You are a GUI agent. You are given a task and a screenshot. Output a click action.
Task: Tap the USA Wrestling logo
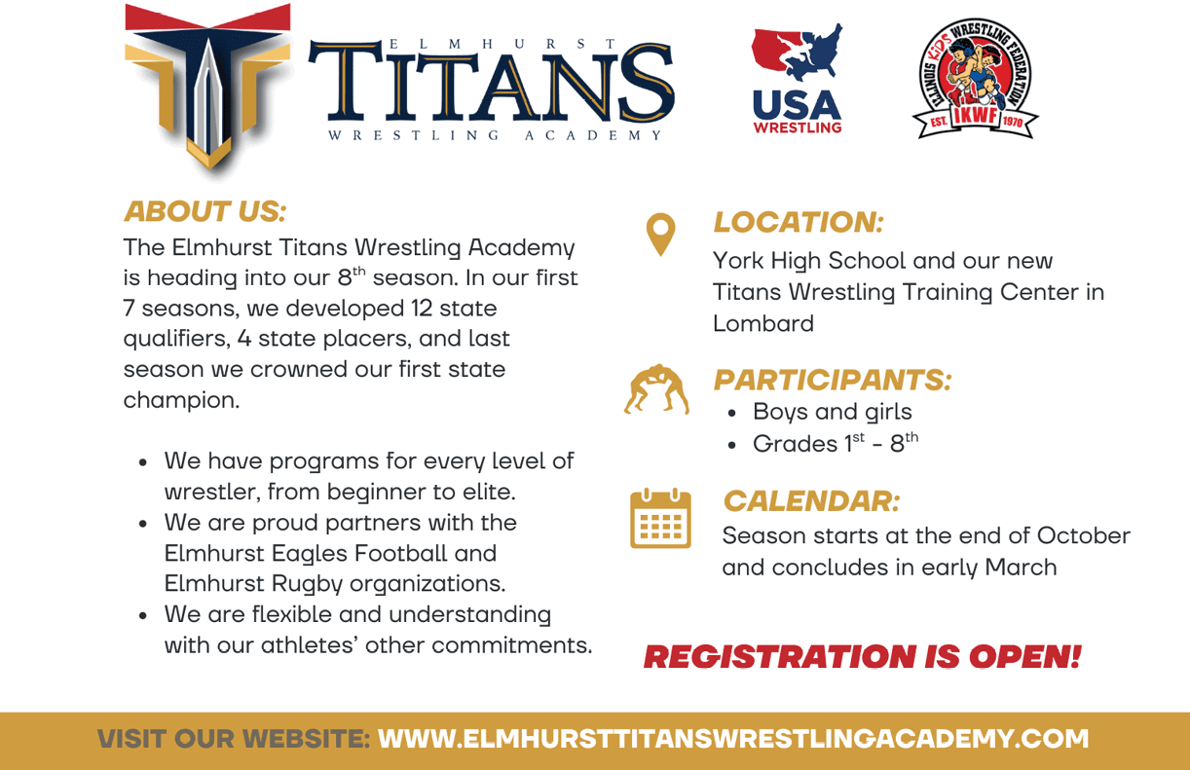click(x=797, y=79)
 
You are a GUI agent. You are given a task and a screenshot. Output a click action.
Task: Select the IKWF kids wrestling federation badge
click(x=976, y=79)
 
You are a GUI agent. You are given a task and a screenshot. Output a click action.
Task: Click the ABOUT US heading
click(x=205, y=211)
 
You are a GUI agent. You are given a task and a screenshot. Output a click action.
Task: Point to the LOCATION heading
click(x=799, y=222)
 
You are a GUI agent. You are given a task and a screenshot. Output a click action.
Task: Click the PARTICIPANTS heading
click(x=833, y=380)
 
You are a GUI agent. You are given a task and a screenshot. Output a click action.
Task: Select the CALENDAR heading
click(x=812, y=500)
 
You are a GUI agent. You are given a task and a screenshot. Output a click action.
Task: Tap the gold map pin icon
click(x=660, y=234)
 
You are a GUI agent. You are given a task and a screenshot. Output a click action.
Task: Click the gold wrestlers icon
click(x=656, y=388)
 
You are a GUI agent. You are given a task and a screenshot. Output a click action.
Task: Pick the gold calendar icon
click(x=660, y=518)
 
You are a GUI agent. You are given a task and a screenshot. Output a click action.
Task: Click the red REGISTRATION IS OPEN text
click(x=862, y=657)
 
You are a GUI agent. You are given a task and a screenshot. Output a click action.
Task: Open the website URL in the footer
click(x=733, y=739)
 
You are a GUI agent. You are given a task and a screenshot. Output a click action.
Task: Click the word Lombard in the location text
click(x=762, y=323)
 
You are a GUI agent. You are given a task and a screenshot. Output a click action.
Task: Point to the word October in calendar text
click(x=1084, y=535)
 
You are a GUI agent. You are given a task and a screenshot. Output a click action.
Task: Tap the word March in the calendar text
click(x=1021, y=568)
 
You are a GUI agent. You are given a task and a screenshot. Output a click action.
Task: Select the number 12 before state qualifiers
click(x=422, y=308)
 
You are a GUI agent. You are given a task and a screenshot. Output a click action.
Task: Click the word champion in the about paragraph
click(x=181, y=401)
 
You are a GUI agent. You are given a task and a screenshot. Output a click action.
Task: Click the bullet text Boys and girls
click(x=832, y=412)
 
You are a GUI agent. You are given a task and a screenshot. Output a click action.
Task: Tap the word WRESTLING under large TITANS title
click(x=413, y=135)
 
